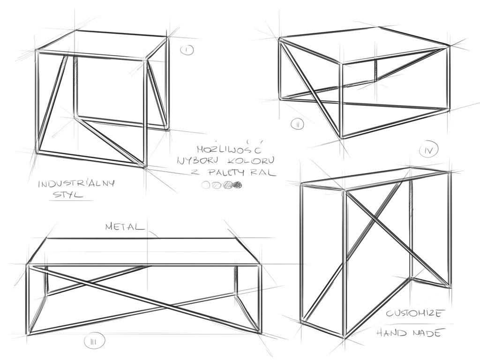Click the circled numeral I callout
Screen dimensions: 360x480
pyautogui.click(x=186, y=50)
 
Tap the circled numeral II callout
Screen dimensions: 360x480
pyautogui.click(x=298, y=124)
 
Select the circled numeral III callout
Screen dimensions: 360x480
pyautogui.click(x=94, y=342)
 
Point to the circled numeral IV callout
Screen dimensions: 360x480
pyautogui.click(x=429, y=150)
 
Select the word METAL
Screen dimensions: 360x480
pyautogui.click(x=125, y=227)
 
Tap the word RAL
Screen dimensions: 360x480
pyautogui.click(x=265, y=172)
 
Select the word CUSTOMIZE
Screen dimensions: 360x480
pyautogui.click(x=413, y=314)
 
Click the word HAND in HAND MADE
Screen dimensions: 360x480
pyautogui.click(x=393, y=333)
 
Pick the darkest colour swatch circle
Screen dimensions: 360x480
pyautogui.click(x=238, y=185)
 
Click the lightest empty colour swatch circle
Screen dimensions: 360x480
pyautogui.click(x=206, y=185)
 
